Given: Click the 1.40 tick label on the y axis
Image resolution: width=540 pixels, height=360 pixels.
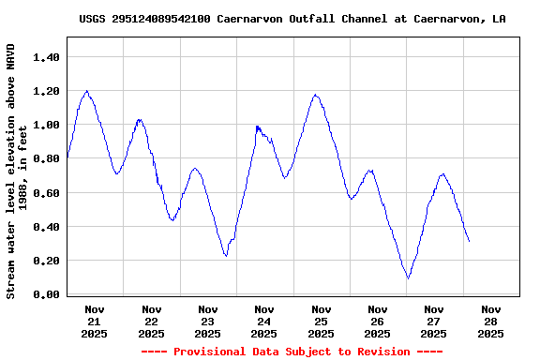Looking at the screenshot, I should click(47, 57).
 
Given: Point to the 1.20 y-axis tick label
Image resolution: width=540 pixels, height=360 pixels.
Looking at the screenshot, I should click(47, 91).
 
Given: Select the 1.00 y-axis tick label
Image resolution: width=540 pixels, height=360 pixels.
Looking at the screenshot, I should click(47, 125).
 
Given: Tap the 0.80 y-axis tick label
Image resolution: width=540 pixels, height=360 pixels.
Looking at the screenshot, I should click(47, 158).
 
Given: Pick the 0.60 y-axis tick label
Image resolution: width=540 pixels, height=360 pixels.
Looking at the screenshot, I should click(47, 193).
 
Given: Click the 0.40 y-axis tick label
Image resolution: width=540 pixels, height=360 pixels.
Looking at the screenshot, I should click(47, 227).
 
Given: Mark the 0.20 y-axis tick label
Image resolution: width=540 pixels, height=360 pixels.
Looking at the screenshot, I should click(47, 261).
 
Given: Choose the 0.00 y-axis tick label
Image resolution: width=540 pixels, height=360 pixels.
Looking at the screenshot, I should click(47, 294).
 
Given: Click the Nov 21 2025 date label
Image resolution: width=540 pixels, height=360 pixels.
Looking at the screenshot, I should click(95, 321).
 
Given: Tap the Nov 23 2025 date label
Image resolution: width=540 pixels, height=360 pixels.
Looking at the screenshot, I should click(208, 321).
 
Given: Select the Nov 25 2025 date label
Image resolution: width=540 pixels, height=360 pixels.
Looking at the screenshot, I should click(321, 321).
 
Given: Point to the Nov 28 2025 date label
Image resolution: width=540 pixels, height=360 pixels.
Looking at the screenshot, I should click(490, 321).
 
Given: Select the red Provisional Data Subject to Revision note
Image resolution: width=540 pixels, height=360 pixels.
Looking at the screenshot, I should click(292, 352).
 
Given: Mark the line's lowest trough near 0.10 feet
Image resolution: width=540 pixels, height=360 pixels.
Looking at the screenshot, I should click(408, 277).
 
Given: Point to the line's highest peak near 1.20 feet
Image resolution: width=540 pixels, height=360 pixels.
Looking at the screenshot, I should click(86, 91).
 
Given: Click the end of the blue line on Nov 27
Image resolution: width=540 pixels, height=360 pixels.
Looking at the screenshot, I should click(469, 242).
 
